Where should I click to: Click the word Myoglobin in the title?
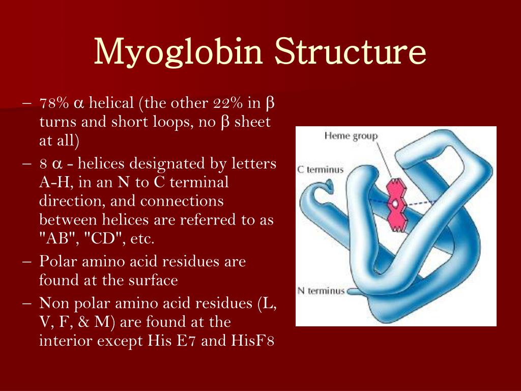tap(179, 51)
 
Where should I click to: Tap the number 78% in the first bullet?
tap(54, 103)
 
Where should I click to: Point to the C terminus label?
tap(321, 170)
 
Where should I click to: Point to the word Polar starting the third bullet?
tap(56, 262)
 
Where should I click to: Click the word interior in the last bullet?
tap(64, 341)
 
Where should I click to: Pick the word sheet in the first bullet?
tap(253, 122)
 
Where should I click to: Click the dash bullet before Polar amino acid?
tap(27, 262)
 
